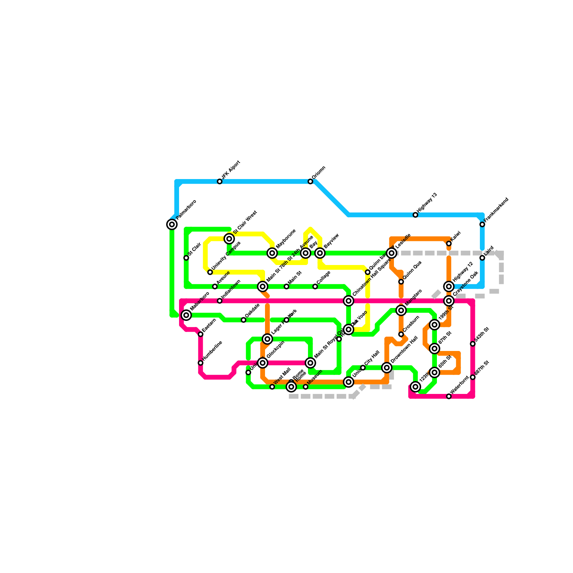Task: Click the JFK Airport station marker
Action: click(220, 182)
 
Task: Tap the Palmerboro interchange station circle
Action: click(172, 225)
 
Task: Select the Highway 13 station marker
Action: click(415, 215)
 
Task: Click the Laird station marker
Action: click(482, 258)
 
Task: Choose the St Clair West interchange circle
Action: click(229, 239)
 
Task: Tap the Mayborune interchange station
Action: click(272, 253)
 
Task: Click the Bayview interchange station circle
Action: click(320, 253)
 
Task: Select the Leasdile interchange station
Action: click(392, 253)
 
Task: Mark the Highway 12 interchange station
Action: click(449, 286)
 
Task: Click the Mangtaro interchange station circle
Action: click(401, 310)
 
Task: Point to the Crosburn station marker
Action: click(401, 334)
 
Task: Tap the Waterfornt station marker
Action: click(449, 396)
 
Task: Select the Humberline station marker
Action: click(201, 363)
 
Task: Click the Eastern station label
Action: click(209, 325)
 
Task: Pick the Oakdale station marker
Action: click(244, 320)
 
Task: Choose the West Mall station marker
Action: click(272, 387)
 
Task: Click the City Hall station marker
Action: click(363, 368)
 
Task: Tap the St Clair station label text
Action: click(194, 249)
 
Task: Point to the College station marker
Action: click(315, 286)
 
